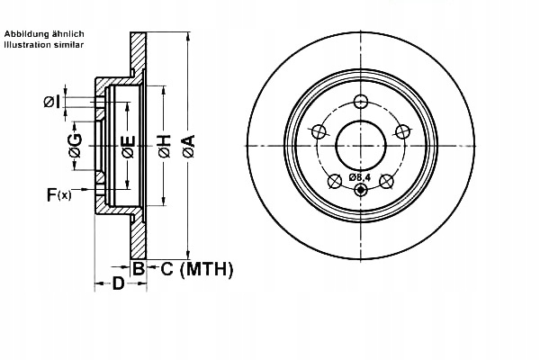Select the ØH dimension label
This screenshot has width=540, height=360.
(164, 145)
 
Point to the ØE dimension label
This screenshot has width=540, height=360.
(127, 145)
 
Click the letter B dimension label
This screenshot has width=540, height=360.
(139, 268)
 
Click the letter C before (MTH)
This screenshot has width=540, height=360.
(166, 268)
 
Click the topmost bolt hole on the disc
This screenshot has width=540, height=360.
(361, 101)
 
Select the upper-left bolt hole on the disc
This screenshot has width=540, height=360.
(318, 132)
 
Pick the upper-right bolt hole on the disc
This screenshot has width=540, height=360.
(403, 132)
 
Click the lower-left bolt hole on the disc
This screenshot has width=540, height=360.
(334, 180)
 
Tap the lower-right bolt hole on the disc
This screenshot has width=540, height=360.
(388, 180)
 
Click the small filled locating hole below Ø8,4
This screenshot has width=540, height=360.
(361, 190)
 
